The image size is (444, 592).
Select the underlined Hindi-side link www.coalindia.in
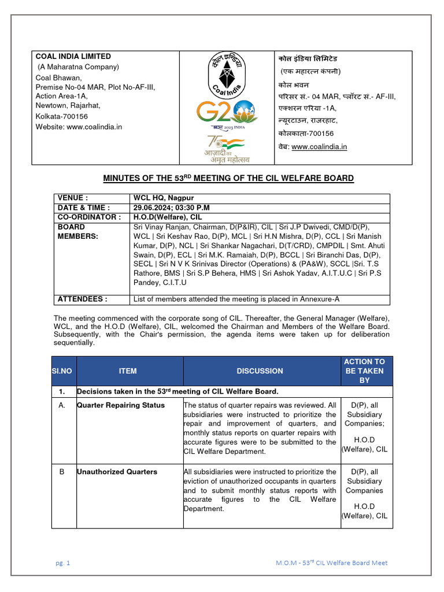point(319,147)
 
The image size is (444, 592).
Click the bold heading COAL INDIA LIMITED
point(73,57)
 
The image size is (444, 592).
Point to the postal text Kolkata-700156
point(62,116)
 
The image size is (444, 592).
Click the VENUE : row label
point(72,198)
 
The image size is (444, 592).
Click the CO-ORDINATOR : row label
point(88,217)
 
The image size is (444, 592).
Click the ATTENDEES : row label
point(83,299)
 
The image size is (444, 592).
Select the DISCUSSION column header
point(260,371)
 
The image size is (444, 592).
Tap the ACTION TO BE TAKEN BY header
point(364,371)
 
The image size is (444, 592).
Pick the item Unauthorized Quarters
point(117,472)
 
